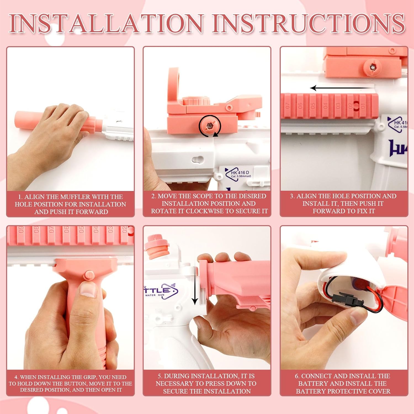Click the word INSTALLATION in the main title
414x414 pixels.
[106, 23]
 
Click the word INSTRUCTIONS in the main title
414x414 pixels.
[309, 23]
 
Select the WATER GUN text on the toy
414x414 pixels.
[155, 295]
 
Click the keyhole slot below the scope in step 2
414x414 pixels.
[198, 160]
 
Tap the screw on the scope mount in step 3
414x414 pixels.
[373, 67]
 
